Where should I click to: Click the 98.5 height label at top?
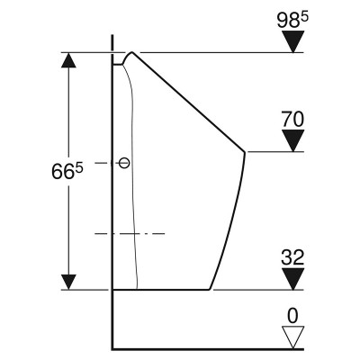click(x=292, y=21)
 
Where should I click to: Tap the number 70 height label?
click(x=292, y=119)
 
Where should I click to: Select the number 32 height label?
click(x=292, y=257)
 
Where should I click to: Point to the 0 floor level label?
click(x=293, y=316)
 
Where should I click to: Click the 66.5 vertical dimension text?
click(x=67, y=171)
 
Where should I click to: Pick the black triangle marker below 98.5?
click(x=293, y=41)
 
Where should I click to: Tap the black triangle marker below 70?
click(x=293, y=140)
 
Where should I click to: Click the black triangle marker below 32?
click(x=293, y=279)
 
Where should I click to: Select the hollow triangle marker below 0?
click(x=293, y=337)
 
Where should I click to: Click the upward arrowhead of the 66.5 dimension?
click(x=68, y=60)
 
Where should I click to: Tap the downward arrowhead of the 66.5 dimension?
click(x=68, y=282)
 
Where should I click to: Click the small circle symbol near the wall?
click(x=124, y=163)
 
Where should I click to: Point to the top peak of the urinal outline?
click(x=132, y=52)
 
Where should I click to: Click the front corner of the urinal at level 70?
click(x=245, y=152)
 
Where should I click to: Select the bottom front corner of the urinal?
click(x=210, y=290)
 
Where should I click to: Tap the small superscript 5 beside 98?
click(x=304, y=17)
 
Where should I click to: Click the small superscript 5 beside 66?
click(x=79, y=168)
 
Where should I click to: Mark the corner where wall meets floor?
click(x=112, y=349)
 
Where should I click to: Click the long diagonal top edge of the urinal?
click(x=188, y=103)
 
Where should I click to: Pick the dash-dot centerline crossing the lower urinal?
click(x=130, y=233)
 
